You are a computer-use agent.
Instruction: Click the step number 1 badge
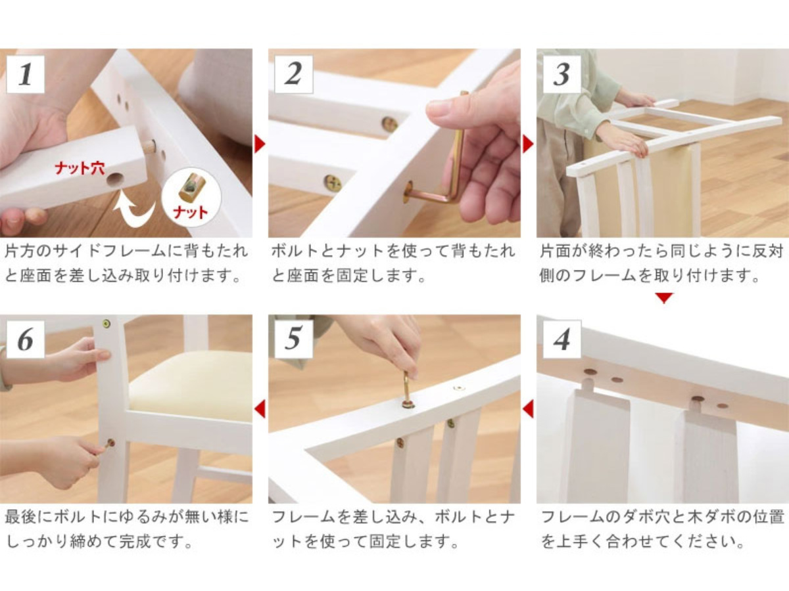coord(25,74)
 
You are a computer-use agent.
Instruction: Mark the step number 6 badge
coord(25,339)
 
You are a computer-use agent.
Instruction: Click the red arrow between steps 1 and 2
coord(260,144)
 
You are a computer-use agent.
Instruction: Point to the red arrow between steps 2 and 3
coord(528,144)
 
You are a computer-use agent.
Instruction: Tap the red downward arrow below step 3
coord(664,297)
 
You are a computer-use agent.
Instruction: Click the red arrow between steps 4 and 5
coord(528,409)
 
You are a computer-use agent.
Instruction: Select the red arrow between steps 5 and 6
coord(260,409)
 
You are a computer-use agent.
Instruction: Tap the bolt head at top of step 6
coord(106,324)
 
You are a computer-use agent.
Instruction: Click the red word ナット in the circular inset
coord(190,212)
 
